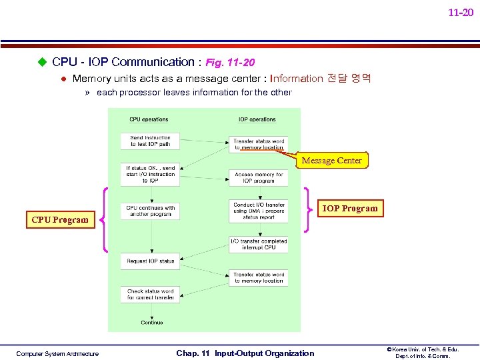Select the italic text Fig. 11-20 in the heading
[230, 63]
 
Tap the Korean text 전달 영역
[349, 78]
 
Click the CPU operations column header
[149, 119]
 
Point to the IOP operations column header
[257, 119]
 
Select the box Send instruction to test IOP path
[150, 141]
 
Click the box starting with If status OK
[150, 175]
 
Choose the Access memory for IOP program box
[259, 178]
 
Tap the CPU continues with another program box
[150, 211]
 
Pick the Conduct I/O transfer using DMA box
[259, 211]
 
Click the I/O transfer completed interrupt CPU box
[259, 245]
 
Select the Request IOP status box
[150, 261]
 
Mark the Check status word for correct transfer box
[150, 294]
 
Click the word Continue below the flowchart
[152, 323]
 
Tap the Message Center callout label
[331, 161]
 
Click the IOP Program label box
[350, 209]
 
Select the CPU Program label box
[60, 220]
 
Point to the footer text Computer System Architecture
[57, 354]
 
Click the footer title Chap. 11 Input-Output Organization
[245, 353]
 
